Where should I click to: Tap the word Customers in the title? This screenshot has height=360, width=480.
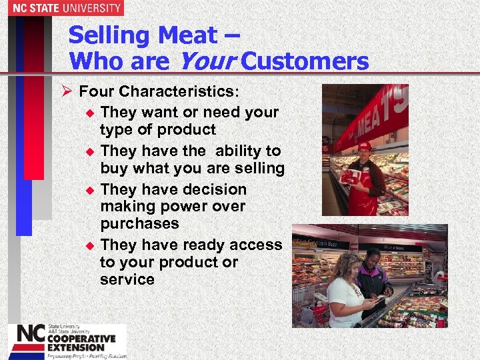point(305,61)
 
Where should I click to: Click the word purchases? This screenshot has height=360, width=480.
point(139,223)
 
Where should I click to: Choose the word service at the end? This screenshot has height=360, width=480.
point(127,279)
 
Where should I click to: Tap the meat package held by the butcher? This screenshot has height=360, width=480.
point(352,177)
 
